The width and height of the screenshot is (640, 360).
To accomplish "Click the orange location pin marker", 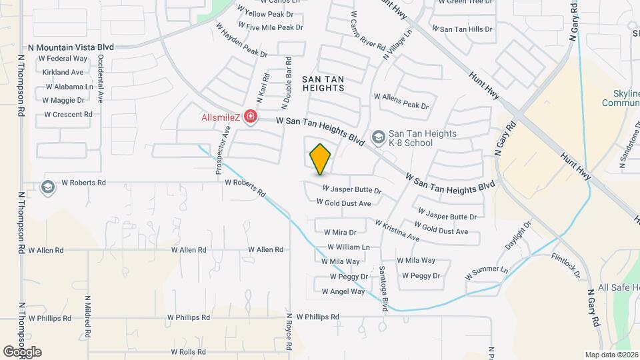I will (321, 159).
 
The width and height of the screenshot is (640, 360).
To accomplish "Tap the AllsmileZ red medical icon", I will (251, 118).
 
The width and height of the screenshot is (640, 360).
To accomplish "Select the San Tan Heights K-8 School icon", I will (378, 137).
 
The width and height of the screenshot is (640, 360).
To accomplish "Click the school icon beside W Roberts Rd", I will (47, 187).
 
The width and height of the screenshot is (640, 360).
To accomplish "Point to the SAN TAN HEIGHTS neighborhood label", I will (323, 83).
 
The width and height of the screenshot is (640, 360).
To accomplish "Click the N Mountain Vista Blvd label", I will (71, 47).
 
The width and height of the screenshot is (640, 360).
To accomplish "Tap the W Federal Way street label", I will (67, 59).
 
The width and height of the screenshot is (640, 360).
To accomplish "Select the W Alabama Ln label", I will (69, 87).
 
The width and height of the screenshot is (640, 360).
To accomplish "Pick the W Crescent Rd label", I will (68, 115).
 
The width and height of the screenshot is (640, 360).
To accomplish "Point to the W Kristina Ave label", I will (397, 231).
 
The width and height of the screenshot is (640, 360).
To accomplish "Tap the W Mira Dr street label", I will (340, 233).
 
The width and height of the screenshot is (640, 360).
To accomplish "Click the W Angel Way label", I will (343, 291).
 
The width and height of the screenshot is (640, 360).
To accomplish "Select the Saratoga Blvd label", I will (383, 291).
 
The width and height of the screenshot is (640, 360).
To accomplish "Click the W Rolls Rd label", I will (191, 351).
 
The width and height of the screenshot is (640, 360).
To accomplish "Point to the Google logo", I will (22, 352).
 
